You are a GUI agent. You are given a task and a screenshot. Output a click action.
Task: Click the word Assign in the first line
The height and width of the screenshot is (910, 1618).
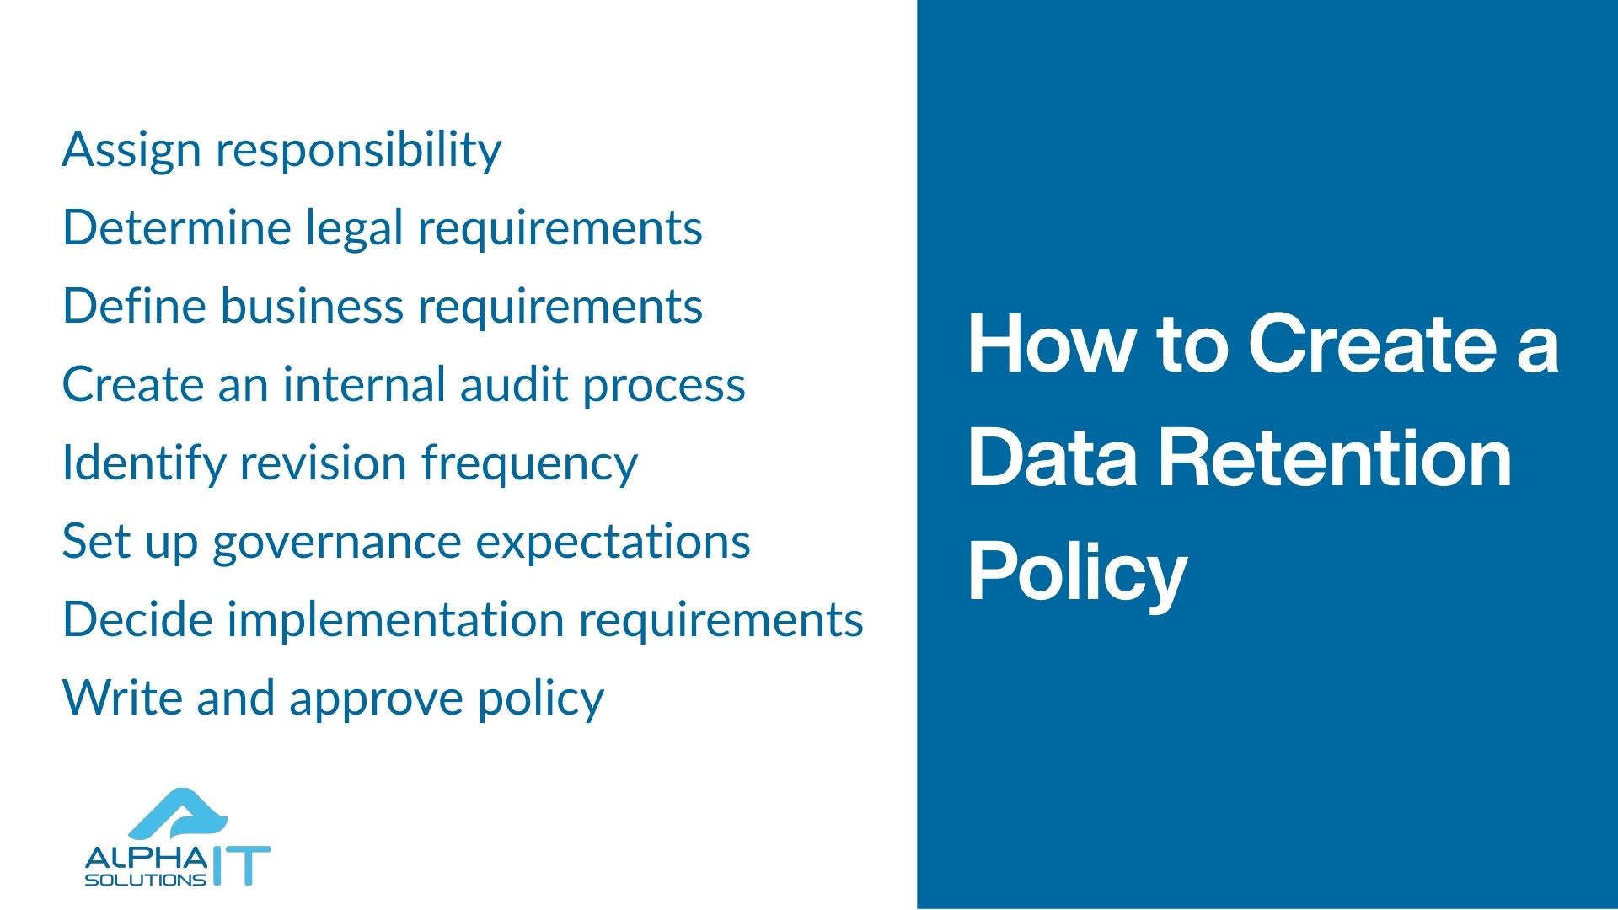(x=131, y=150)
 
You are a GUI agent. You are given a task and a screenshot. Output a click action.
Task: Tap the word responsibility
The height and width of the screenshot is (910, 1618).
(x=358, y=150)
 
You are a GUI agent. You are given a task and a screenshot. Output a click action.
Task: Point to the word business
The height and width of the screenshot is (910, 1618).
(x=312, y=307)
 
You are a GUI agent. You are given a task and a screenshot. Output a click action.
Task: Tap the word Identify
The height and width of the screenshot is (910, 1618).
(x=142, y=463)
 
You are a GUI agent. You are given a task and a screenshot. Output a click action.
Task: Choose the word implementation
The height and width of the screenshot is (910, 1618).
(x=396, y=620)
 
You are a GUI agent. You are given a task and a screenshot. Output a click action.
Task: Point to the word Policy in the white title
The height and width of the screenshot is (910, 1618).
(x=1076, y=573)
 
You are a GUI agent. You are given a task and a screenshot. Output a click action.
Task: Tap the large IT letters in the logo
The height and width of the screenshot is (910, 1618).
(x=241, y=865)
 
